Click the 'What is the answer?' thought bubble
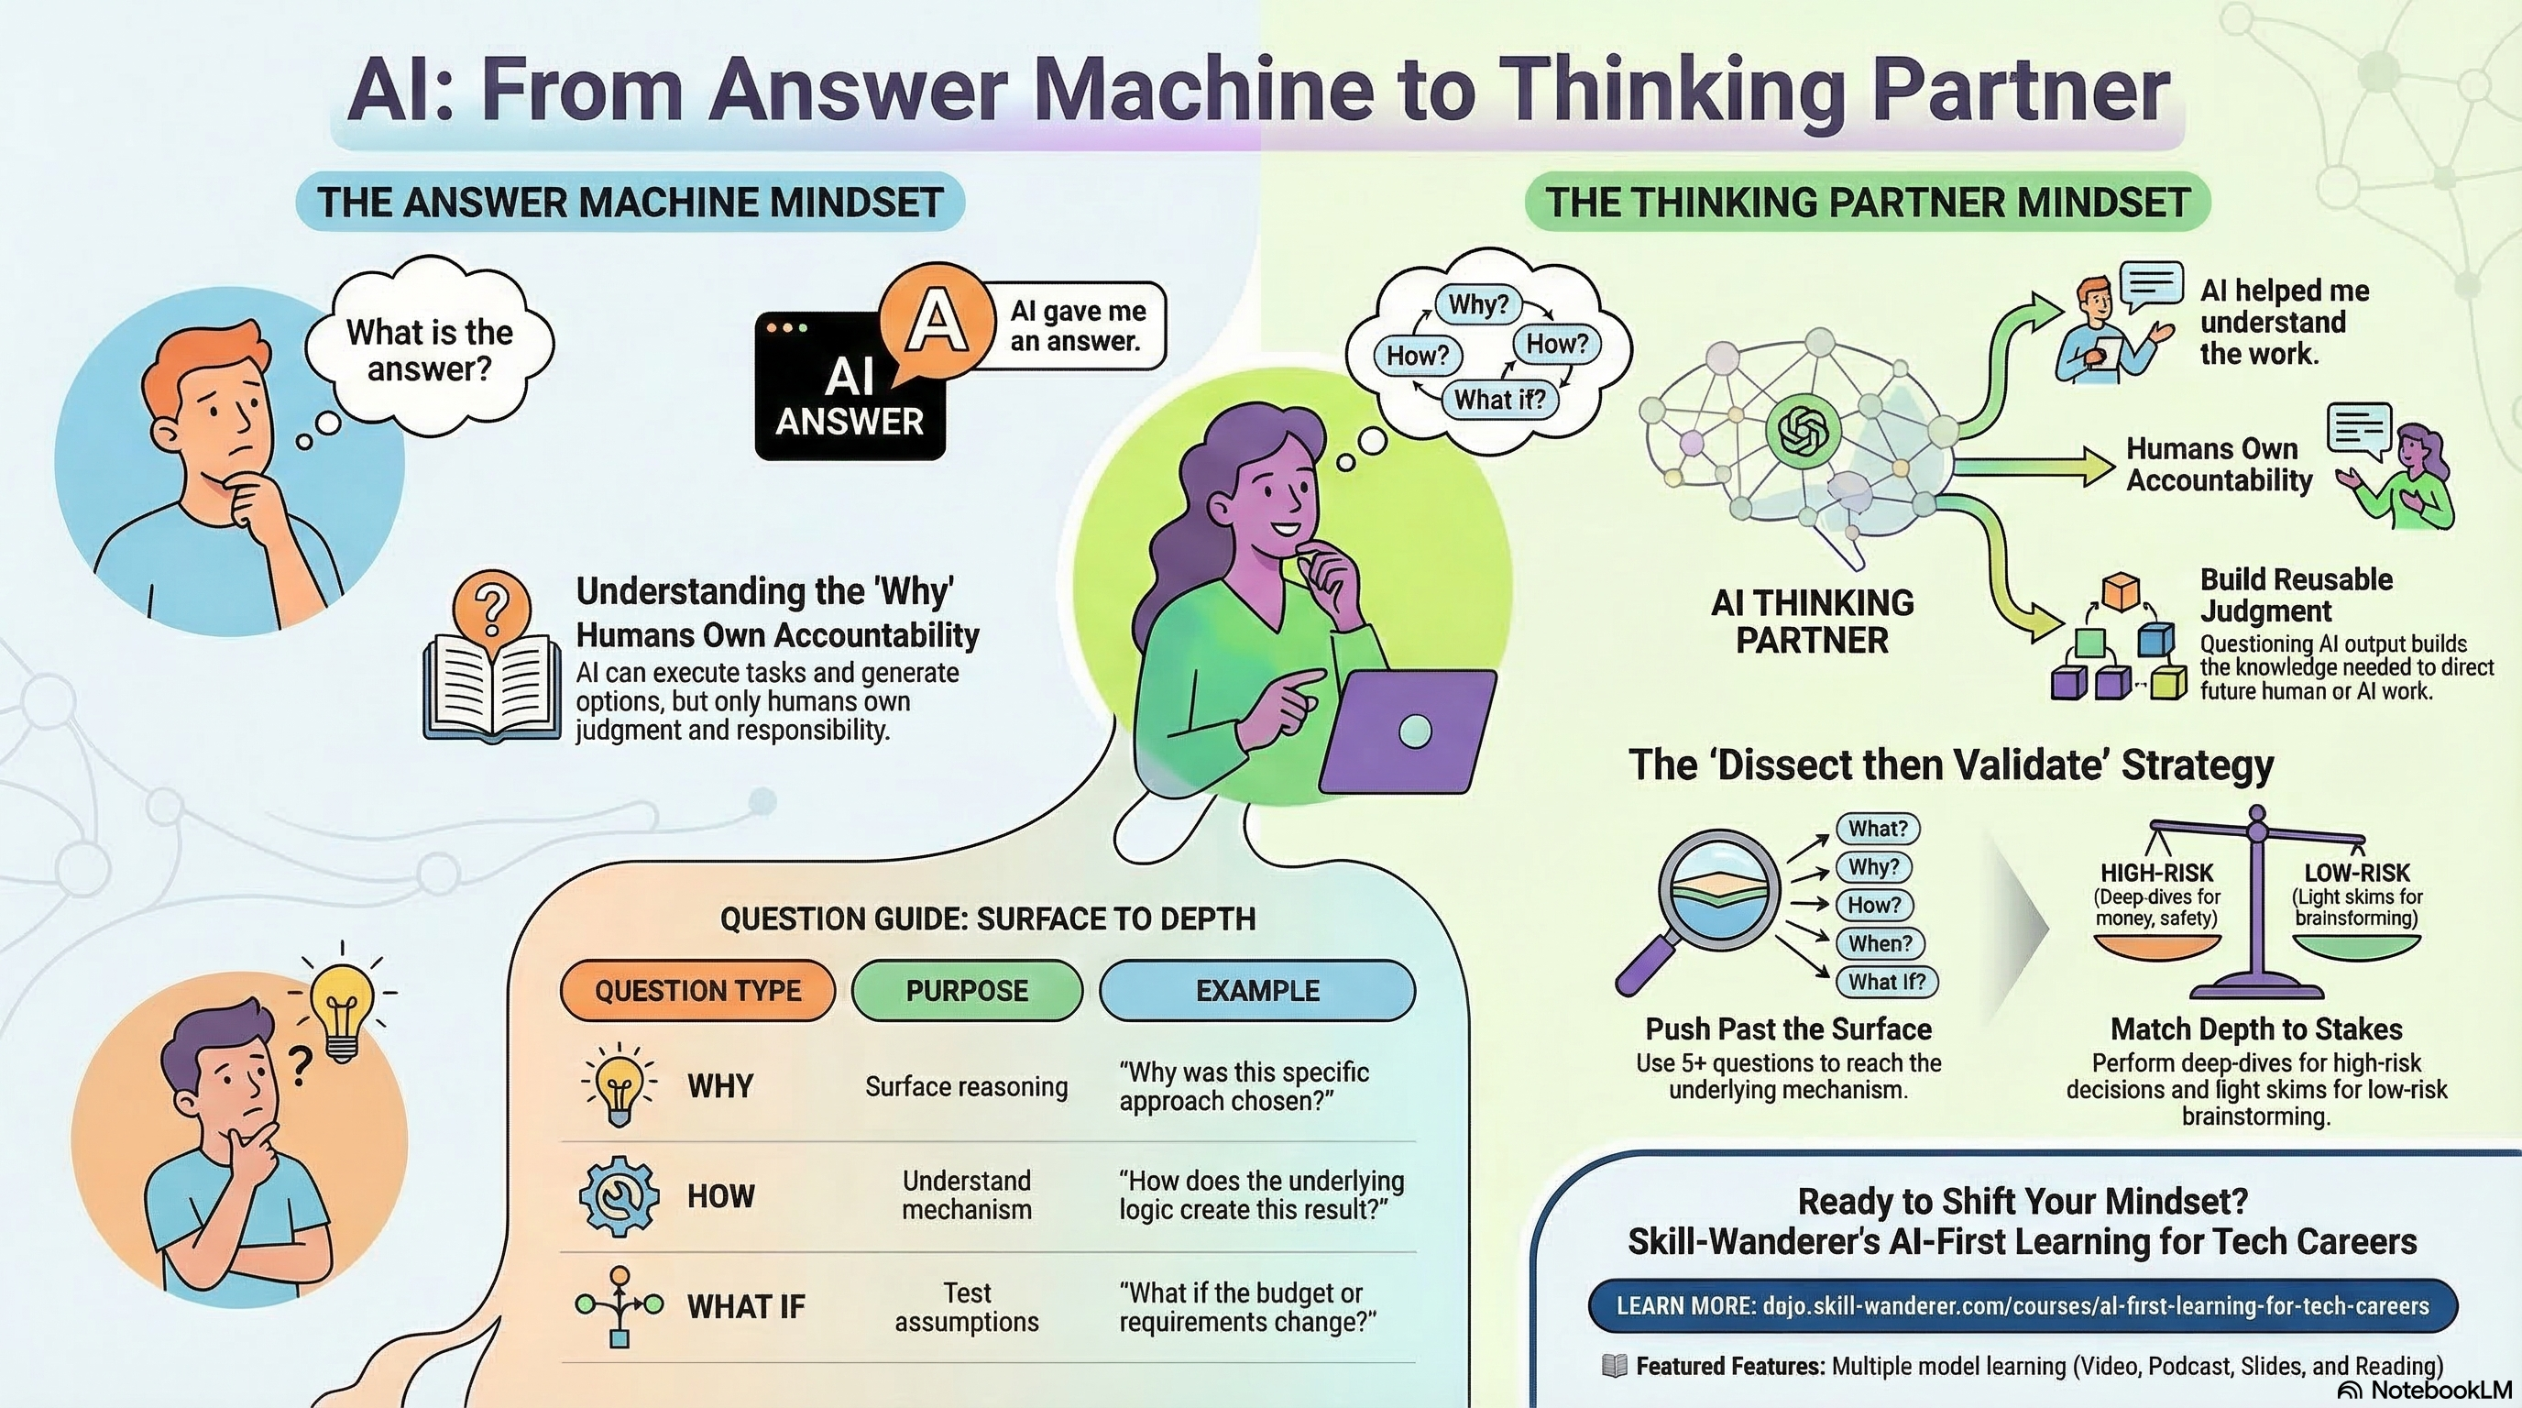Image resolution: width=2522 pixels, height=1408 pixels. [x=429, y=349]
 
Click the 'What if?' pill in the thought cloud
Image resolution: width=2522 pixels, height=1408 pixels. [x=1499, y=399]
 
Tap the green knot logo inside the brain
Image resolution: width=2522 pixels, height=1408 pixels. [x=1802, y=431]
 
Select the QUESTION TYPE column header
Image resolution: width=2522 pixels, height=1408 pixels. [x=697, y=991]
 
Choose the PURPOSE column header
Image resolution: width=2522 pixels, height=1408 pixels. [x=966, y=991]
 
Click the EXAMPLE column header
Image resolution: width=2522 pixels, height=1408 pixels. [x=1257, y=991]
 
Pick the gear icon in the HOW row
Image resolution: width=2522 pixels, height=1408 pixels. [x=619, y=1195]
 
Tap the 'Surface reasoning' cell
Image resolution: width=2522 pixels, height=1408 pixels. [x=966, y=1087]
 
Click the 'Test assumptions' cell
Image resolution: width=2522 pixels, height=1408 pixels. [x=966, y=1307]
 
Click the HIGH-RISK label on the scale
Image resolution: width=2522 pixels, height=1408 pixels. [x=2157, y=873]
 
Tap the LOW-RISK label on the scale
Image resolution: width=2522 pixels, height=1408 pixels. [x=2356, y=873]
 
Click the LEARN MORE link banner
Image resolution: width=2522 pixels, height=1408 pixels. [x=2023, y=1306]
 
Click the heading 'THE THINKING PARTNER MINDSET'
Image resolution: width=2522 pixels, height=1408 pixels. [x=1867, y=203]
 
